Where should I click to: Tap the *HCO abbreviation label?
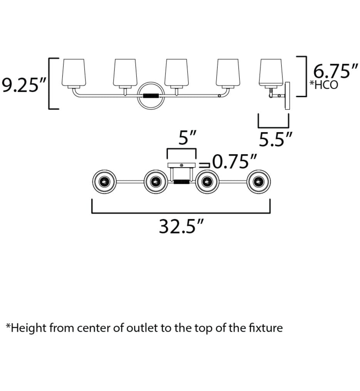tap(323, 85)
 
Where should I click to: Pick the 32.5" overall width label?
tap(182, 227)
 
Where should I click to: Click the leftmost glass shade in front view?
tap(74, 72)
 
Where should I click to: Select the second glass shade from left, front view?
tap(125, 72)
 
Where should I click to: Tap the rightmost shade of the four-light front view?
tap(228, 72)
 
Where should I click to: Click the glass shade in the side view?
tap(271, 72)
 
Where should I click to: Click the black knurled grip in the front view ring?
tap(151, 96)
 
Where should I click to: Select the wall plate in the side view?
tap(288, 96)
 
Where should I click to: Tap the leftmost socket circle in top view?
tap(104, 182)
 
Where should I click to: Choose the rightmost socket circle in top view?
tap(259, 182)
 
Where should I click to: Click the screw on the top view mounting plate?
tap(182, 165)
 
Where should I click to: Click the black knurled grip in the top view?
tap(182, 182)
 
